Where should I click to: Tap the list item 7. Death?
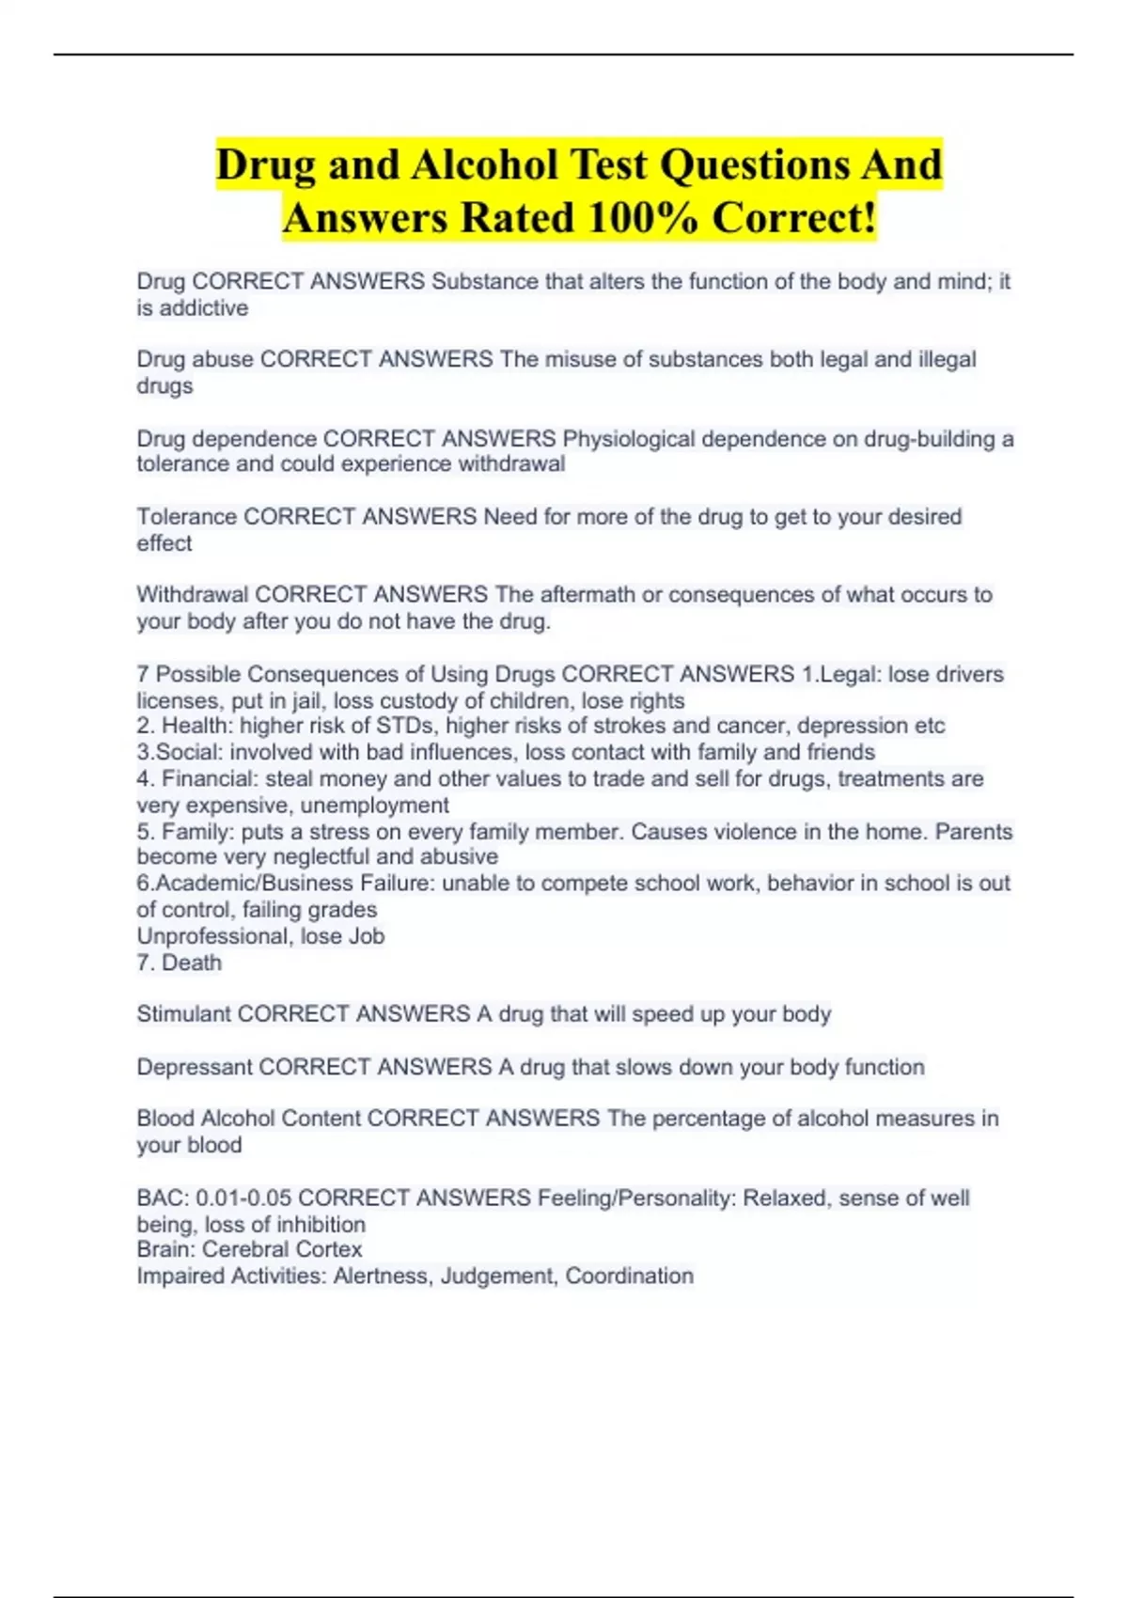point(180,963)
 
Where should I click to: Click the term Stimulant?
point(184,1014)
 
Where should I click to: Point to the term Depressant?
point(195,1067)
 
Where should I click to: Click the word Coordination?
point(629,1276)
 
